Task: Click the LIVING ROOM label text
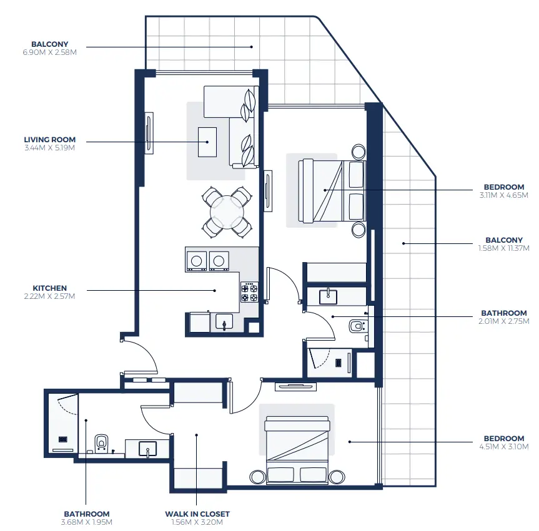point(49,140)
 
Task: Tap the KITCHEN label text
point(49,288)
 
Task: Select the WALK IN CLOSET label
point(197,514)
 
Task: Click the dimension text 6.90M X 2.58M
point(49,52)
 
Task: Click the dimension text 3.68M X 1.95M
point(86,522)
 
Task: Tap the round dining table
point(227,212)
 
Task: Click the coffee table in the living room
point(207,142)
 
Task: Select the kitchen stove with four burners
point(249,293)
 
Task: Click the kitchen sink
point(224,321)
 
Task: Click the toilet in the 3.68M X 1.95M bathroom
point(101,442)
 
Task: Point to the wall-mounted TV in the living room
point(149,132)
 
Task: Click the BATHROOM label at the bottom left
point(86,514)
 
